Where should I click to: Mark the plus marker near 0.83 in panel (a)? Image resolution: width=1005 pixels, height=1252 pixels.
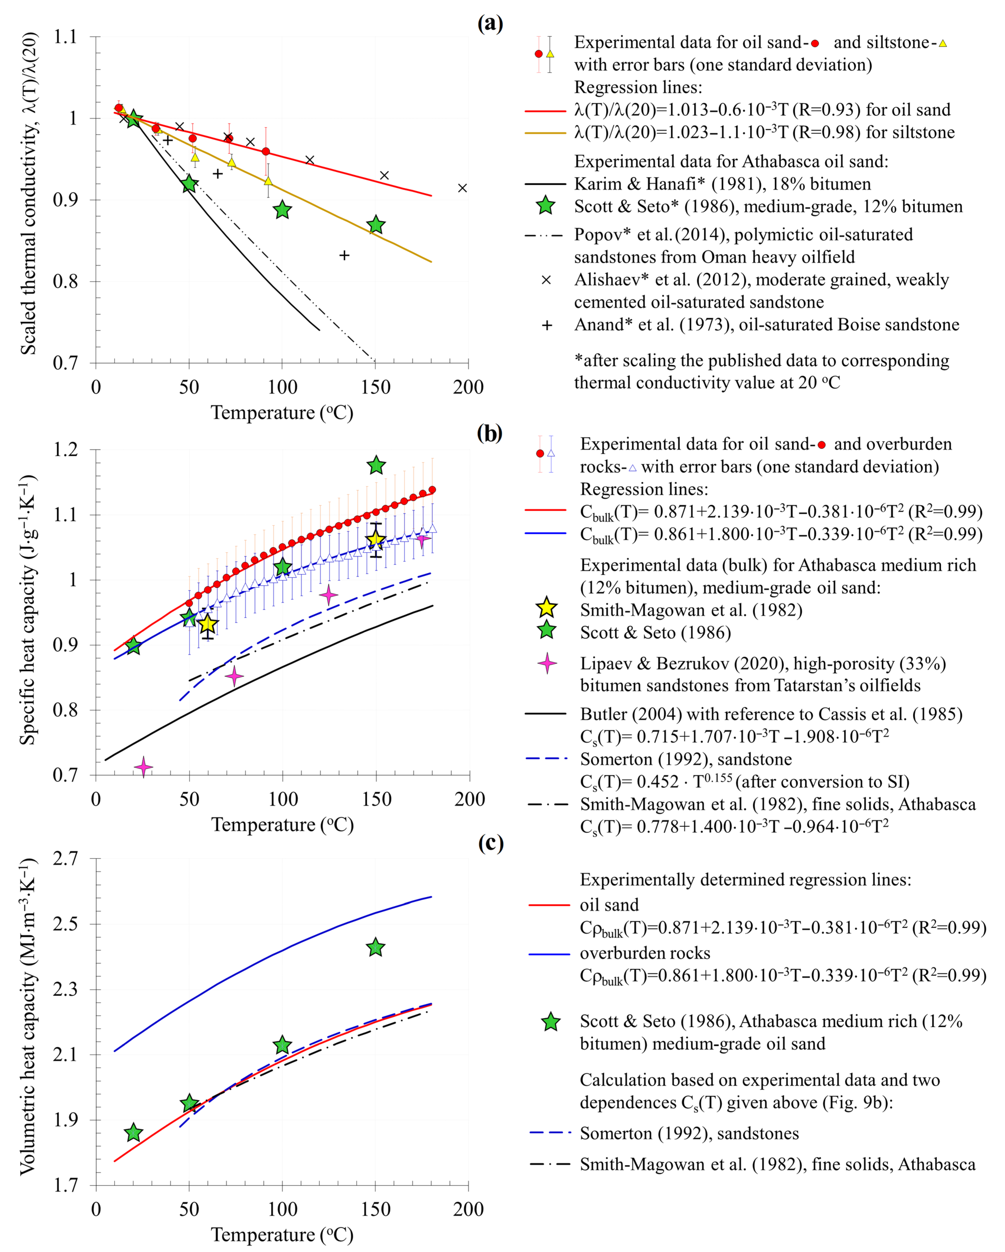(344, 255)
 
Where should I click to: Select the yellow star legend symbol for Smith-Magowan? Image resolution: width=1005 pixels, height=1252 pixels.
(546, 608)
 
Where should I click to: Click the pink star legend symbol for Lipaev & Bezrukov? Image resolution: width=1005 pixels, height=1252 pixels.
(546, 663)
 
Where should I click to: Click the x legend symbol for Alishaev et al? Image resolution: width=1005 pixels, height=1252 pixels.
(546, 280)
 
